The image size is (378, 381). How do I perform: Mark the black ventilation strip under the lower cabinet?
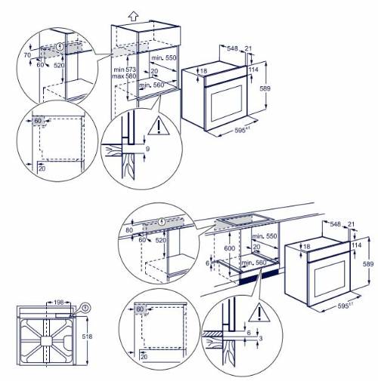point(257,282)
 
